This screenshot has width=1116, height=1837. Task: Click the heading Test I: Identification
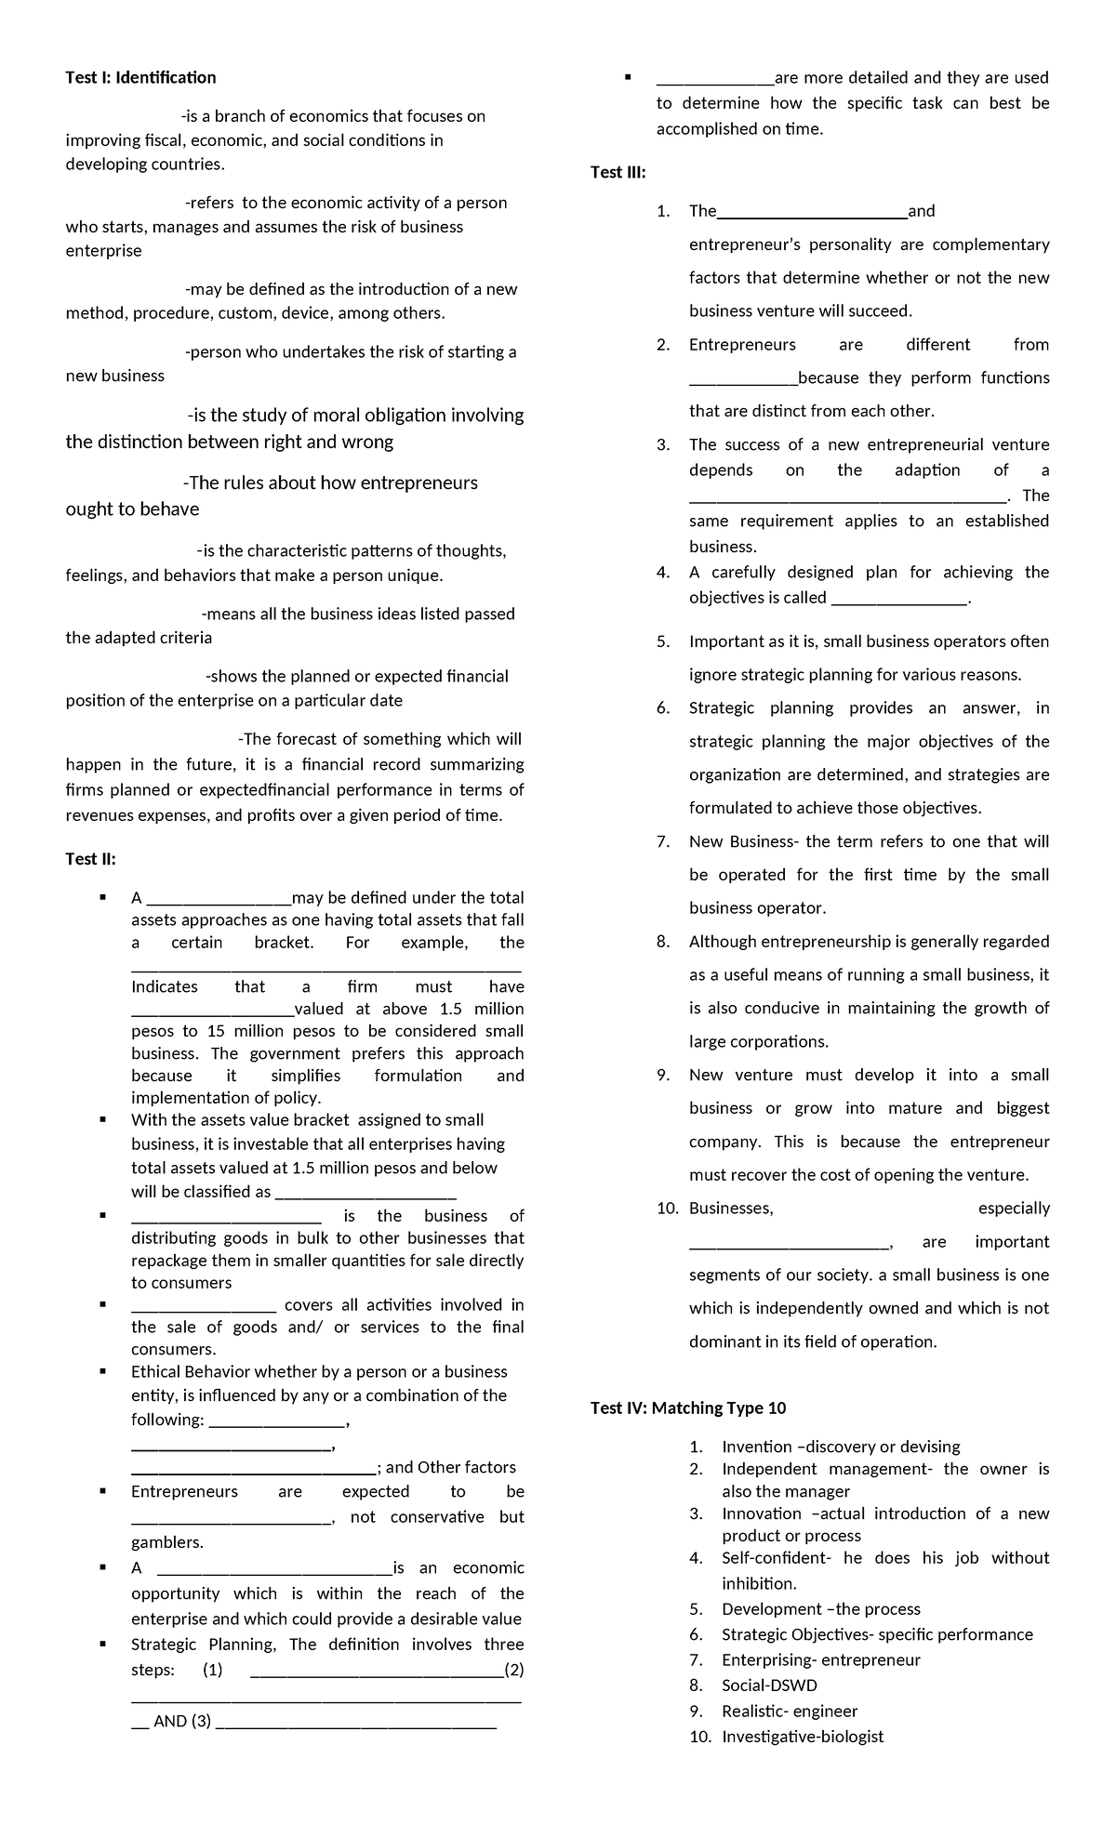click(x=140, y=77)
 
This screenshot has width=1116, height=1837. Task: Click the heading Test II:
click(x=90, y=859)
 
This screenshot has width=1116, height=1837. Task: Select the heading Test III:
click(x=618, y=172)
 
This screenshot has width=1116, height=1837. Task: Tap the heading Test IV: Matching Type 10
click(x=688, y=1407)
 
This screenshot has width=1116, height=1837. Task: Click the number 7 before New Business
click(x=662, y=841)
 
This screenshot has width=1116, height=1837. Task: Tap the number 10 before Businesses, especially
click(x=666, y=1209)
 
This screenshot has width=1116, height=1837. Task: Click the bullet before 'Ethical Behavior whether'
click(x=104, y=1371)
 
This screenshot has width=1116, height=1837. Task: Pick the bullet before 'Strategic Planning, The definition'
click(x=104, y=1645)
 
